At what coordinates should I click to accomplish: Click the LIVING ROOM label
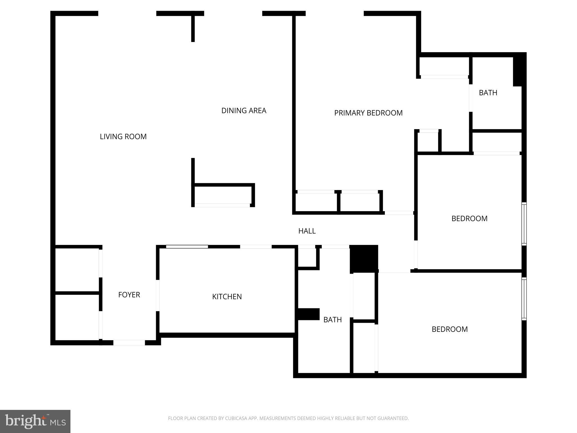[x=123, y=137]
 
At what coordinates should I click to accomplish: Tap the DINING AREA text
[x=244, y=111]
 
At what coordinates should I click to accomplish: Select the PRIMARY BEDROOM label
[x=368, y=113]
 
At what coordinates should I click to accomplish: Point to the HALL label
[x=307, y=231]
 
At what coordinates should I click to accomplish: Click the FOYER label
[x=129, y=295]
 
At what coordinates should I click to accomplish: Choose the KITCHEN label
[x=227, y=297]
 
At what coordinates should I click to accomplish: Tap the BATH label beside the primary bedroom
[x=488, y=93]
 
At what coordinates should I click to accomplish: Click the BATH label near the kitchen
[x=332, y=320]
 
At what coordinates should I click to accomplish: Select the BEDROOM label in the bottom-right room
[x=450, y=329]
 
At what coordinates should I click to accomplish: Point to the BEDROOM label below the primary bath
[x=469, y=218]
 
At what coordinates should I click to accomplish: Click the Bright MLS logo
[x=35, y=421]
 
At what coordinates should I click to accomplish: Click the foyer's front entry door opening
[x=129, y=343]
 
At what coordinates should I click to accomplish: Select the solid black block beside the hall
[x=364, y=259]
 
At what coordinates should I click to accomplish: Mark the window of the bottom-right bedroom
[x=524, y=299]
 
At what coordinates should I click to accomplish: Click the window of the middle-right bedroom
[x=524, y=224]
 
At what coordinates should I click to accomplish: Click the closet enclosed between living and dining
[x=223, y=195]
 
